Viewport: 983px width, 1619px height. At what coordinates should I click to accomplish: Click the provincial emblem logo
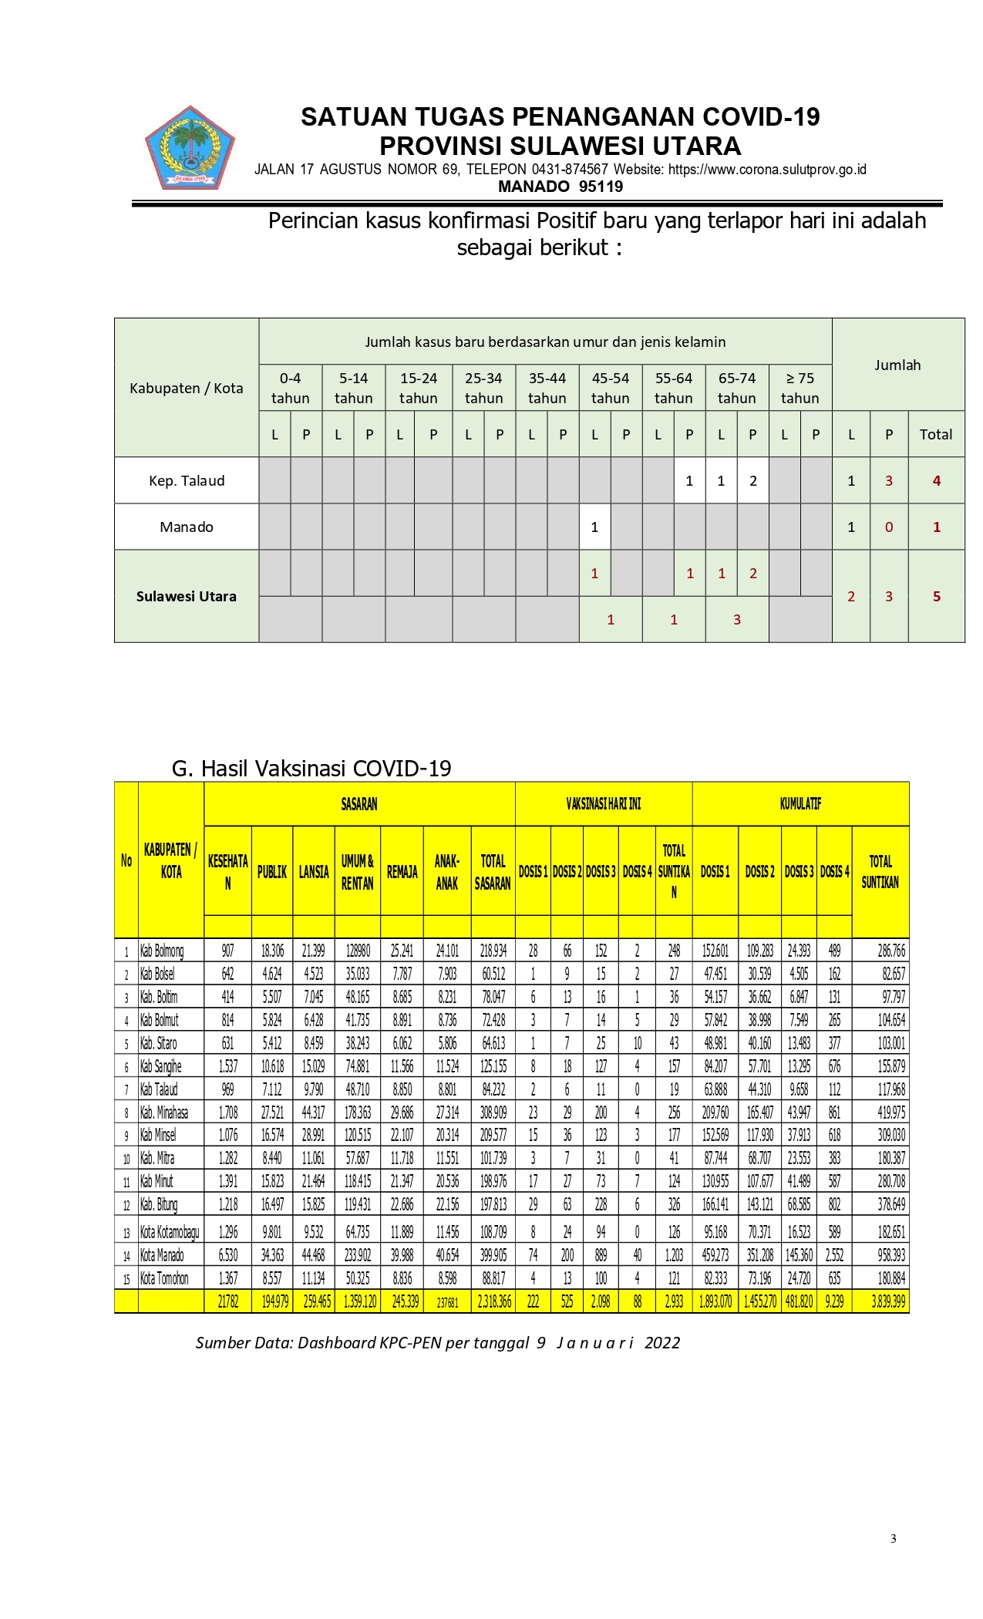(x=190, y=149)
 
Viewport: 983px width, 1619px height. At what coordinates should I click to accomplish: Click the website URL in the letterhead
(x=767, y=170)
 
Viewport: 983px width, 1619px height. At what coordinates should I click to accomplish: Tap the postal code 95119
(x=601, y=187)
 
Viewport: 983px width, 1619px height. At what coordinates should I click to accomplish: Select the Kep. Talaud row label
(x=187, y=481)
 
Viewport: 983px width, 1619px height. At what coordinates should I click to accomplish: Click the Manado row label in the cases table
(x=187, y=527)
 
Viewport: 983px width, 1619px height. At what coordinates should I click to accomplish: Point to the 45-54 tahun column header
(x=610, y=388)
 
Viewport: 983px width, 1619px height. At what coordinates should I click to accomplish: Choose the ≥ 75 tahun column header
(x=800, y=388)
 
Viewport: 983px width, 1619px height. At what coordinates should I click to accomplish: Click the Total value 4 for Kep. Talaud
(x=936, y=481)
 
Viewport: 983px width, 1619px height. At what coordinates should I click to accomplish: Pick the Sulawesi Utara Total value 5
(x=936, y=597)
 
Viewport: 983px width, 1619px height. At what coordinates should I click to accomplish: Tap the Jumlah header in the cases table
(x=897, y=365)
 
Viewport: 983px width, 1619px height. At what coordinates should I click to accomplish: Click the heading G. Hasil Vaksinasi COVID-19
(x=311, y=768)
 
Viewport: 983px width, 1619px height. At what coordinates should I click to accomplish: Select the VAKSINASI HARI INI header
(x=603, y=804)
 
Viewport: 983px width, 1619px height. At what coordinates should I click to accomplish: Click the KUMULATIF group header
(x=800, y=804)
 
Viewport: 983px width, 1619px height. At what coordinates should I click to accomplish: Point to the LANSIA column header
(x=314, y=872)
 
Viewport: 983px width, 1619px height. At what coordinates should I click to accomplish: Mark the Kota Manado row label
(x=162, y=1255)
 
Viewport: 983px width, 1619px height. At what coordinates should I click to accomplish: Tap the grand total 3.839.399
(x=888, y=1301)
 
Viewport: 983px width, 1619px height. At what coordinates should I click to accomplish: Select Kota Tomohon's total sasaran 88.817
(x=493, y=1278)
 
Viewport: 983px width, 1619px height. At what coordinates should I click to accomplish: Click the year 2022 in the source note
(x=662, y=1343)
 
